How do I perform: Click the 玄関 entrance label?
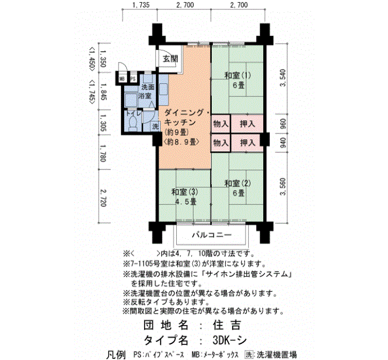(170, 59)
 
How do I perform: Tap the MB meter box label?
(122, 79)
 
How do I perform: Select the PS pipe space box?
(133, 79)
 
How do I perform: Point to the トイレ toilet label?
(134, 113)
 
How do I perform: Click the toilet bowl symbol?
(133, 123)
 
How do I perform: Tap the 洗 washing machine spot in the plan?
(155, 126)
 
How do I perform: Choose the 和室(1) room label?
(238, 75)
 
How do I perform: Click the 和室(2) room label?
(238, 183)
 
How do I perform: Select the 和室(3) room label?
(185, 192)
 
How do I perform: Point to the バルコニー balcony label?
(212, 235)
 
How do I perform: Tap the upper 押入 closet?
(247, 124)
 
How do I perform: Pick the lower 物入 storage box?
(221, 143)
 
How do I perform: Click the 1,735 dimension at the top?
(141, 5)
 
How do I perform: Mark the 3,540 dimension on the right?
(283, 78)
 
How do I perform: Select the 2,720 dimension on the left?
(103, 198)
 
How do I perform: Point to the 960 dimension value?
(283, 124)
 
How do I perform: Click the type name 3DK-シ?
(229, 341)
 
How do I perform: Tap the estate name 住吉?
(226, 325)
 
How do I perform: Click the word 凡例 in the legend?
(116, 355)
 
